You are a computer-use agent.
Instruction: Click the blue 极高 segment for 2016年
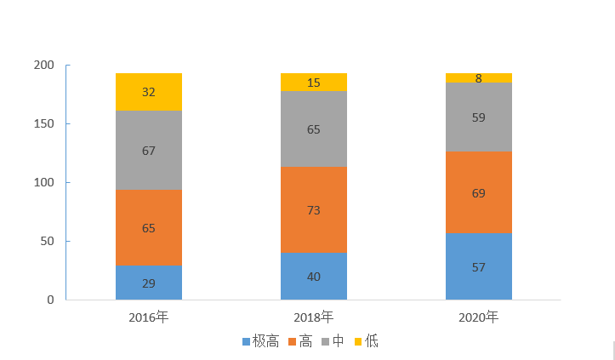point(149,283)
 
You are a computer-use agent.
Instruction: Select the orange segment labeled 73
point(314,209)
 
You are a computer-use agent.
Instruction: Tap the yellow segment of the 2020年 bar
point(479,78)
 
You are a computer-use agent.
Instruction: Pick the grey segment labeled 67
point(149,151)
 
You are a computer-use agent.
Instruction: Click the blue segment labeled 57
point(479,266)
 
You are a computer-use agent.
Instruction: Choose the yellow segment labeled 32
point(149,92)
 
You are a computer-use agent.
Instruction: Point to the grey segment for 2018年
point(314,129)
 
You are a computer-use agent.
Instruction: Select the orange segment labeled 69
point(479,192)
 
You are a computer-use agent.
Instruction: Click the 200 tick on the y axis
point(43,66)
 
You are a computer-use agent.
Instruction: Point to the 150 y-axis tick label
point(43,124)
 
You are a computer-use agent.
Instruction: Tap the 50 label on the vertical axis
point(47,242)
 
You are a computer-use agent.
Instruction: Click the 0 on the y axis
point(50,300)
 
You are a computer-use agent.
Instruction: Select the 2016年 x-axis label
point(149,317)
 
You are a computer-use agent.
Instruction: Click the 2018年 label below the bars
point(314,317)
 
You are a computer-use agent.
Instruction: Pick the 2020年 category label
point(479,317)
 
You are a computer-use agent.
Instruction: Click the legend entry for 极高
point(260,341)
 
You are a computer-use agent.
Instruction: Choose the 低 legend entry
point(366,341)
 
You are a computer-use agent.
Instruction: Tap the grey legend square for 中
point(325,341)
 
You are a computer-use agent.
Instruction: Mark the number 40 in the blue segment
point(314,277)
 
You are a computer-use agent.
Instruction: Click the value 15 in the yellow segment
point(314,83)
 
